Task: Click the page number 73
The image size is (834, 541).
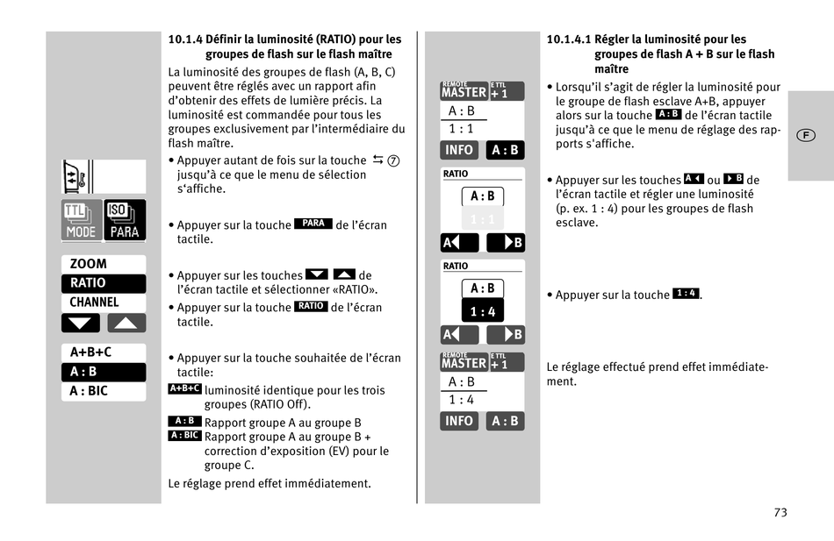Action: pyautogui.click(x=780, y=513)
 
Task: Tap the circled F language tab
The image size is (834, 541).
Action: pyautogui.click(x=805, y=135)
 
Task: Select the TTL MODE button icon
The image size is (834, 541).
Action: pyautogui.click(x=81, y=220)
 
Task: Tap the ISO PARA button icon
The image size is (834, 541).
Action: pyautogui.click(x=125, y=220)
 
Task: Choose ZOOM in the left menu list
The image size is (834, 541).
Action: pyautogui.click(x=89, y=264)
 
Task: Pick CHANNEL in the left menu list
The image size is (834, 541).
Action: pyautogui.click(x=94, y=303)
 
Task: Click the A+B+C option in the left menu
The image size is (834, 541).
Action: pyautogui.click(x=91, y=352)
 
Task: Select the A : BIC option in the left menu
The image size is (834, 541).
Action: pyautogui.click(x=90, y=391)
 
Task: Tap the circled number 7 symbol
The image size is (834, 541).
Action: pyautogui.click(x=393, y=160)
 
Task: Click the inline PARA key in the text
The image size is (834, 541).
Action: pyautogui.click(x=313, y=224)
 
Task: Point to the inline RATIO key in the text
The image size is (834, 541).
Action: pyautogui.click(x=311, y=306)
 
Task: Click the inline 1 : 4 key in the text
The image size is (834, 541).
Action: pyautogui.click(x=686, y=293)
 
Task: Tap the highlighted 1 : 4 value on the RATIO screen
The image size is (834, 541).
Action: pyautogui.click(x=482, y=311)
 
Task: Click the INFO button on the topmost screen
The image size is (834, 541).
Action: pyautogui.click(x=459, y=150)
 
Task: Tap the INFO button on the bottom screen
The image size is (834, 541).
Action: pyautogui.click(x=459, y=421)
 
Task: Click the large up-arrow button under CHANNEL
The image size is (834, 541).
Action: pyautogui.click(x=126, y=324)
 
